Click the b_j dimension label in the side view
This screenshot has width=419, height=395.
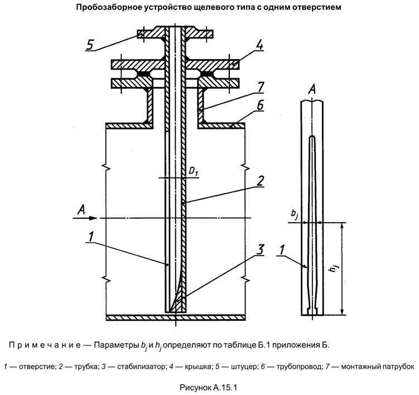point(295,214)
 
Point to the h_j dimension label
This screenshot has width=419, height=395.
point(334,268)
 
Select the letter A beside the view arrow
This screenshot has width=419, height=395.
point(81,209)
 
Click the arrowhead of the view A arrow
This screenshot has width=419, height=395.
point(99,218)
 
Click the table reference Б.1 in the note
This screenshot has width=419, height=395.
point(272,344)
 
